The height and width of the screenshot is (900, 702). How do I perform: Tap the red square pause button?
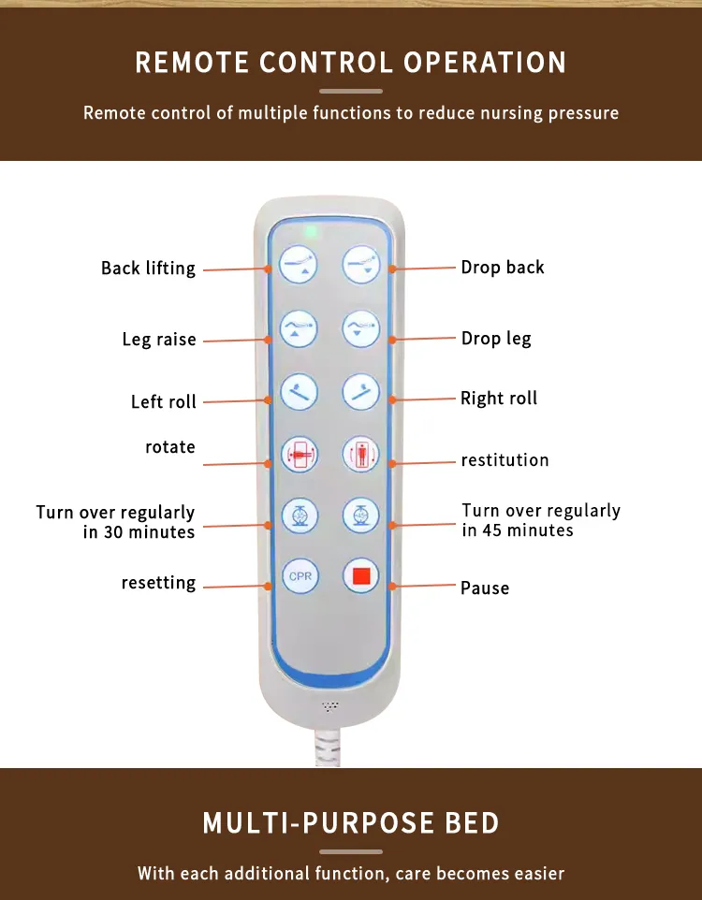point(360,575)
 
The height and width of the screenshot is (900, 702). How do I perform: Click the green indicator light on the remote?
point(311,231)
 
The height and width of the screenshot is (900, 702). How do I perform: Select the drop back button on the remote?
point(361,265)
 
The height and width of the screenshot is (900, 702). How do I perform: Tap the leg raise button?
point(299,329)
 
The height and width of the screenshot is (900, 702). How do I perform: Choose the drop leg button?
point(360,329)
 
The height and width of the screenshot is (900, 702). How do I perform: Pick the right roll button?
point(360,392)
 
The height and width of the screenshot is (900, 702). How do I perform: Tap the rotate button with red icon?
point(300,455)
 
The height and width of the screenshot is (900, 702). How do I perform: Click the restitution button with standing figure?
point(360,454)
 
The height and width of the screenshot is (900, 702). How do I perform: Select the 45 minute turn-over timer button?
point(360,515)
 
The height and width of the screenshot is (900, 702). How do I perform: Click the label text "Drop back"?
point(503,268)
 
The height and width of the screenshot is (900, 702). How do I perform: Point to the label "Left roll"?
point(164,401)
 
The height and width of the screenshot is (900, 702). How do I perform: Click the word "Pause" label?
point(485,588)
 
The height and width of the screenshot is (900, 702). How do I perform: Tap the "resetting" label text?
point(158,583)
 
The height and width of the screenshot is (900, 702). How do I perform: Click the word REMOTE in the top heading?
point(192,63)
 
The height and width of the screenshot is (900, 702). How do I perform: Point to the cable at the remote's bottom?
point(328,747)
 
